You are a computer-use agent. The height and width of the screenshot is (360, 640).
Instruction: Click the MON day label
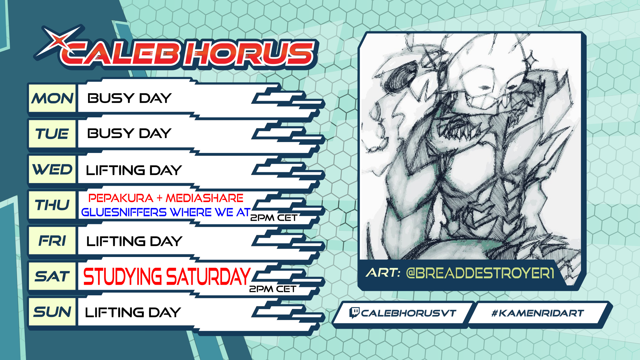point(52,98)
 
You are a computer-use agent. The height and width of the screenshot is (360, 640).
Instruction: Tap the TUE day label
point(52,134)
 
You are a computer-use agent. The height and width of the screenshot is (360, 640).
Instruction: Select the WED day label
point(52,169)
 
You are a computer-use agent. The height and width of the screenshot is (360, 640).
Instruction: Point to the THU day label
point(52,205)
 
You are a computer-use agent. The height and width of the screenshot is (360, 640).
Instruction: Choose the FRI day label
point(52,241)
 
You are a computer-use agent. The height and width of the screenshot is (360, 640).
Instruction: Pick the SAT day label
point(52,276)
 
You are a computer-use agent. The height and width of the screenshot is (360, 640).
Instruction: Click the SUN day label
point(52,312)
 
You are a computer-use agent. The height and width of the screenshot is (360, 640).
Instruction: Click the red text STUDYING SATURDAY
point(167,276)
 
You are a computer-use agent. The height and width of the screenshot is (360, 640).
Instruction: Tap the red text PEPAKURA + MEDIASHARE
point(166,198)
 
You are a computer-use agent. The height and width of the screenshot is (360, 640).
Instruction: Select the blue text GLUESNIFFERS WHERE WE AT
point(166,212)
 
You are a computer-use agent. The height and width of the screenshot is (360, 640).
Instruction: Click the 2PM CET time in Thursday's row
point(274,218)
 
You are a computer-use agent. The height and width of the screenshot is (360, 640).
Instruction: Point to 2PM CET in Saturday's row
point(273,289)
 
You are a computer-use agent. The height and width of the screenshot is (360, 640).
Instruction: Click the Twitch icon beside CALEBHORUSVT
point(354,313)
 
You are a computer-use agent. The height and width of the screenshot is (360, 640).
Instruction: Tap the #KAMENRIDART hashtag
point(538,313)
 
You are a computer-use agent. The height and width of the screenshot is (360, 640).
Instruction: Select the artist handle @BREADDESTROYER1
point(480,273)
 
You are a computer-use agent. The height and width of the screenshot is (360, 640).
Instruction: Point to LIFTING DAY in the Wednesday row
point(134,170)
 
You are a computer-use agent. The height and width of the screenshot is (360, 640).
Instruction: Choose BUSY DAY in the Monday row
point(129,98)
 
